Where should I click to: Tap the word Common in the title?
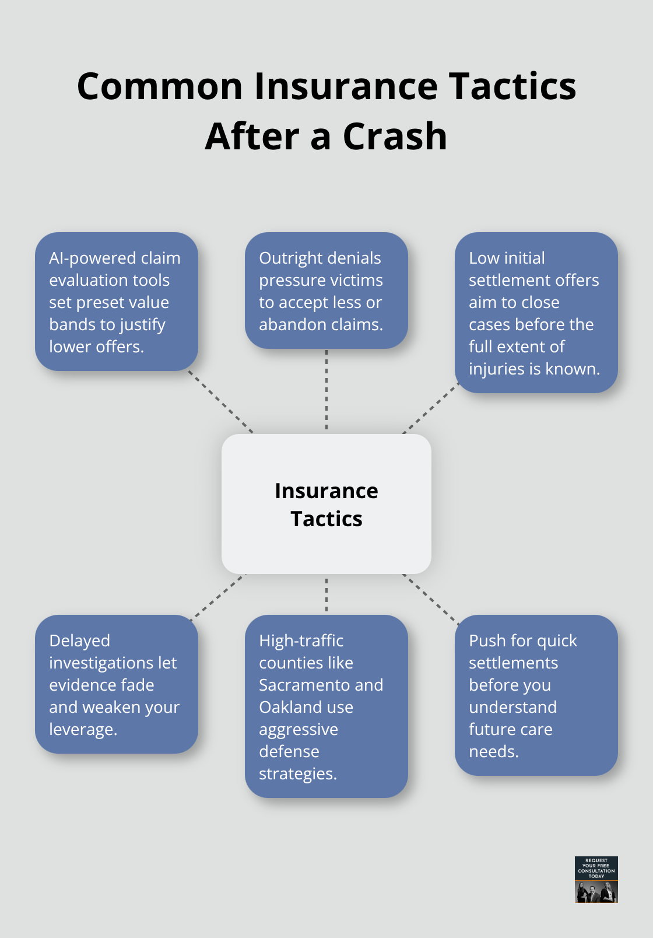point(160,86)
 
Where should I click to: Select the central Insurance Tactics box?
point(326,504)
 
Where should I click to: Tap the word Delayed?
point(79,640)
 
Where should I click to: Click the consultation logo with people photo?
point(596,879)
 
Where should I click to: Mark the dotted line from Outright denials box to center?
point(326,391)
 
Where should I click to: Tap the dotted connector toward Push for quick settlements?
point(430,599)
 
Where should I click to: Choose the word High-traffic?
point(301,640)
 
